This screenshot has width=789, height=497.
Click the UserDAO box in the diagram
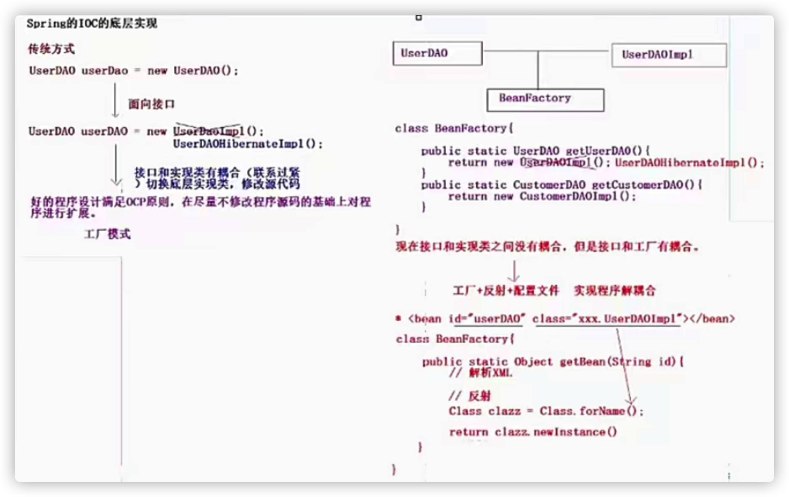(x=437, y=53)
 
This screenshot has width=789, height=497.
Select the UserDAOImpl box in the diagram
(x=669, y=55)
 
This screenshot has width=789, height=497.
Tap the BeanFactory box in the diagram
(x=545, y=99)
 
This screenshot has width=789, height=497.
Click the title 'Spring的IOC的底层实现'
(x=92, y=23)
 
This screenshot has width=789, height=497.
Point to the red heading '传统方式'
(x=51, y=49)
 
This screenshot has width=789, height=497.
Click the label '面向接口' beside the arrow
(x=151, y=104)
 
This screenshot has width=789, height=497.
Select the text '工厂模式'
(x=107, y=234)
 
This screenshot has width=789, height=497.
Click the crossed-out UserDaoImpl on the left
(x=209, y=131)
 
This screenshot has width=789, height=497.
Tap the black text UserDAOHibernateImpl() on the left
(x=248, y=144)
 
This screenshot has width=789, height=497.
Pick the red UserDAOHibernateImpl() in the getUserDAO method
(x=689, y=163)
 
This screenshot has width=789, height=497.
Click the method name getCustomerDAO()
(x=643, y=185)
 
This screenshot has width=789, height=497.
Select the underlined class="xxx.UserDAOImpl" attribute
(x=607, y=319)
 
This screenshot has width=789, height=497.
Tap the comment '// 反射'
(x=469, y=396)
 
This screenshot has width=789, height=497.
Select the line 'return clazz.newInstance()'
(x=532, y=432)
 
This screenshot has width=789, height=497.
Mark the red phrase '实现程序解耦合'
(x=614, y=291)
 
